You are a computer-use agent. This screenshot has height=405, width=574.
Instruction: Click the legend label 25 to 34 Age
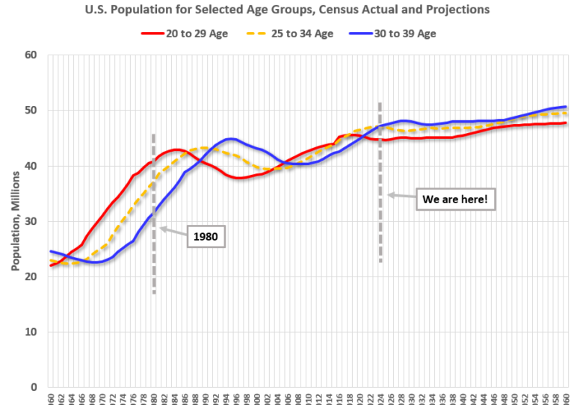[x=301, y=34]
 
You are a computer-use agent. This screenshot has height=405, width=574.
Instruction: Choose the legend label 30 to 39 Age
[x=405, y=34]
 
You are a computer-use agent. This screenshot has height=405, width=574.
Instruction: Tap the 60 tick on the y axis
[x=31, y=55]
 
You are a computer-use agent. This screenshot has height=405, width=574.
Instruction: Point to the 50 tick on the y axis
[x=31, y=111]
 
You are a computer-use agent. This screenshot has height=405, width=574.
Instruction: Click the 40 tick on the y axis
[x=31, y=166]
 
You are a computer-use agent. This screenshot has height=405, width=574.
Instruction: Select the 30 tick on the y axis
[x=31, y=221]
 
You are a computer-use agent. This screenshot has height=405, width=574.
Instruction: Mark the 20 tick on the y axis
[x=31, y=276]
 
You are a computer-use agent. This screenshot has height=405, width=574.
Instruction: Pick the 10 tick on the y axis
[x=31, y=332]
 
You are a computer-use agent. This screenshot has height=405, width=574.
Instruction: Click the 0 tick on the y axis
[x=34, y=387]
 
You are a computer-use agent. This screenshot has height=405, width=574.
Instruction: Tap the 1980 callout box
[x=206, y=237]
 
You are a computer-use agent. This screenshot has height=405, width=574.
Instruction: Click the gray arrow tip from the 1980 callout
[x=161, y=228]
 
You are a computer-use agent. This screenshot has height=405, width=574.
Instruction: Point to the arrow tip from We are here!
[x=389, y=195]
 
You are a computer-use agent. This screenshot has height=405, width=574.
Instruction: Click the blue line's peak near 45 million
[x=230, y=139]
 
